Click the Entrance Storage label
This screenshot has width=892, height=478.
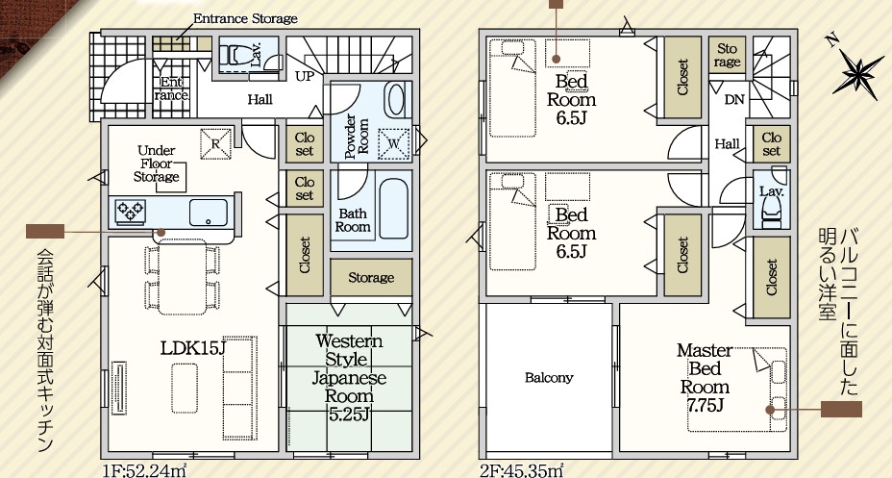[245, 19]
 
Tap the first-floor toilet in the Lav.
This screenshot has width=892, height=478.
[235, 55]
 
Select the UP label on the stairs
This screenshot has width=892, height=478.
[305, 76]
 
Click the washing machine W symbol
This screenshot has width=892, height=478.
[394, 143]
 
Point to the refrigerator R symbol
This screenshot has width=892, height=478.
[215, 143]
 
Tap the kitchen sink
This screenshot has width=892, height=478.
[209, 213]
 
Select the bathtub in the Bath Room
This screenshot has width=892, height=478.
[394, 209]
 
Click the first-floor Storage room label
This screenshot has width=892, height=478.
[371, 277]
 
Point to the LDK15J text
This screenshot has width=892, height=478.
[193, 348]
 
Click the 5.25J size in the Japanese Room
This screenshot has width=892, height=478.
[349, 415]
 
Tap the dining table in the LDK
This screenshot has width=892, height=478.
[182, 277]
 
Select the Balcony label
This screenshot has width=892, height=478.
[549, 378]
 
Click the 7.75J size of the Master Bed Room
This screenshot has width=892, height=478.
[705, 405]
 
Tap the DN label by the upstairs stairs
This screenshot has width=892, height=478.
[734, 100]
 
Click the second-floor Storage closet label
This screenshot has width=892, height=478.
[727, 55]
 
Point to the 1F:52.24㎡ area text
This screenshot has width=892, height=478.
[145, 470]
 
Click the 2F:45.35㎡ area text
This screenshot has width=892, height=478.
[522, 470]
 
